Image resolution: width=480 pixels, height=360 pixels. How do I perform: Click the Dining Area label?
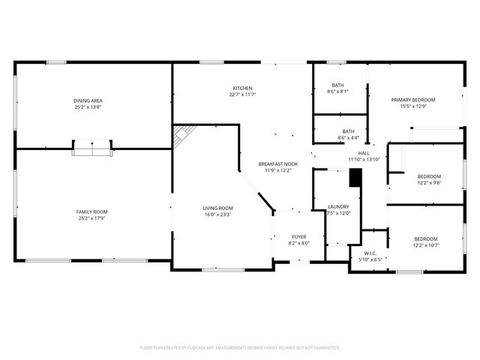[88, 100]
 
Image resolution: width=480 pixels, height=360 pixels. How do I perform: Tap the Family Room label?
[91, 212]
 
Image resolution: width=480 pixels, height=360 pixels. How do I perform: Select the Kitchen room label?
[242, 88]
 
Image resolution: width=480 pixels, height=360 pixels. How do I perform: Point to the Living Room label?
[217, 208]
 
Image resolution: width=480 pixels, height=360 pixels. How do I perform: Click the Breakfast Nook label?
[278, 163]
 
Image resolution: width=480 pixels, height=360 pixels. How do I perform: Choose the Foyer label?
[298, 237]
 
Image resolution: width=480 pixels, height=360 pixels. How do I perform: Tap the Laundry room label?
[339, 207]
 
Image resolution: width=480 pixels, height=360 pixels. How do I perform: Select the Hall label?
[364, 153]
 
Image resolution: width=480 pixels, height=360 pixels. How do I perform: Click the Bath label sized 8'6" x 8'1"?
[337, 85]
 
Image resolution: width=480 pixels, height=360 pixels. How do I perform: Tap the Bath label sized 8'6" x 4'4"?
[348, 131]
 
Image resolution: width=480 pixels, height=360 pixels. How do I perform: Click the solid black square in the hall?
[355, 177]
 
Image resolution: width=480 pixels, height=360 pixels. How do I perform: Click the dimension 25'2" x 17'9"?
[91, 218]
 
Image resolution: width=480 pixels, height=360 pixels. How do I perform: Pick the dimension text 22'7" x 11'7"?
[242, 94]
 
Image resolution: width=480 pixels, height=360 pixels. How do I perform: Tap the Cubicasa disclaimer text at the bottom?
[240, 347]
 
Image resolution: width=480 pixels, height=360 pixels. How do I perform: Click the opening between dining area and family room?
[92, 148]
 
